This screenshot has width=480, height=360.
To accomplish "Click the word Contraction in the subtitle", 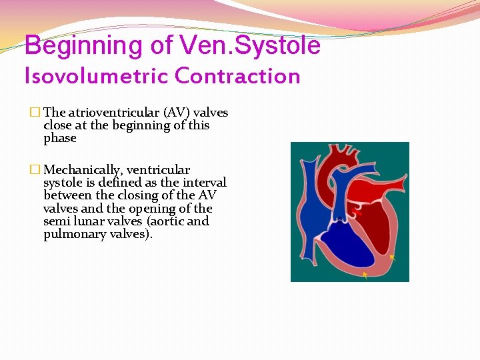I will [237, 76].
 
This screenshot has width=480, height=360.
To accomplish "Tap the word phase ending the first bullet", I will [60, 138].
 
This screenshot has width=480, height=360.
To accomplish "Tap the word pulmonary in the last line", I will [73, 234].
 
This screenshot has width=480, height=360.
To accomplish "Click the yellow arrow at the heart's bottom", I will [365, 275].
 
